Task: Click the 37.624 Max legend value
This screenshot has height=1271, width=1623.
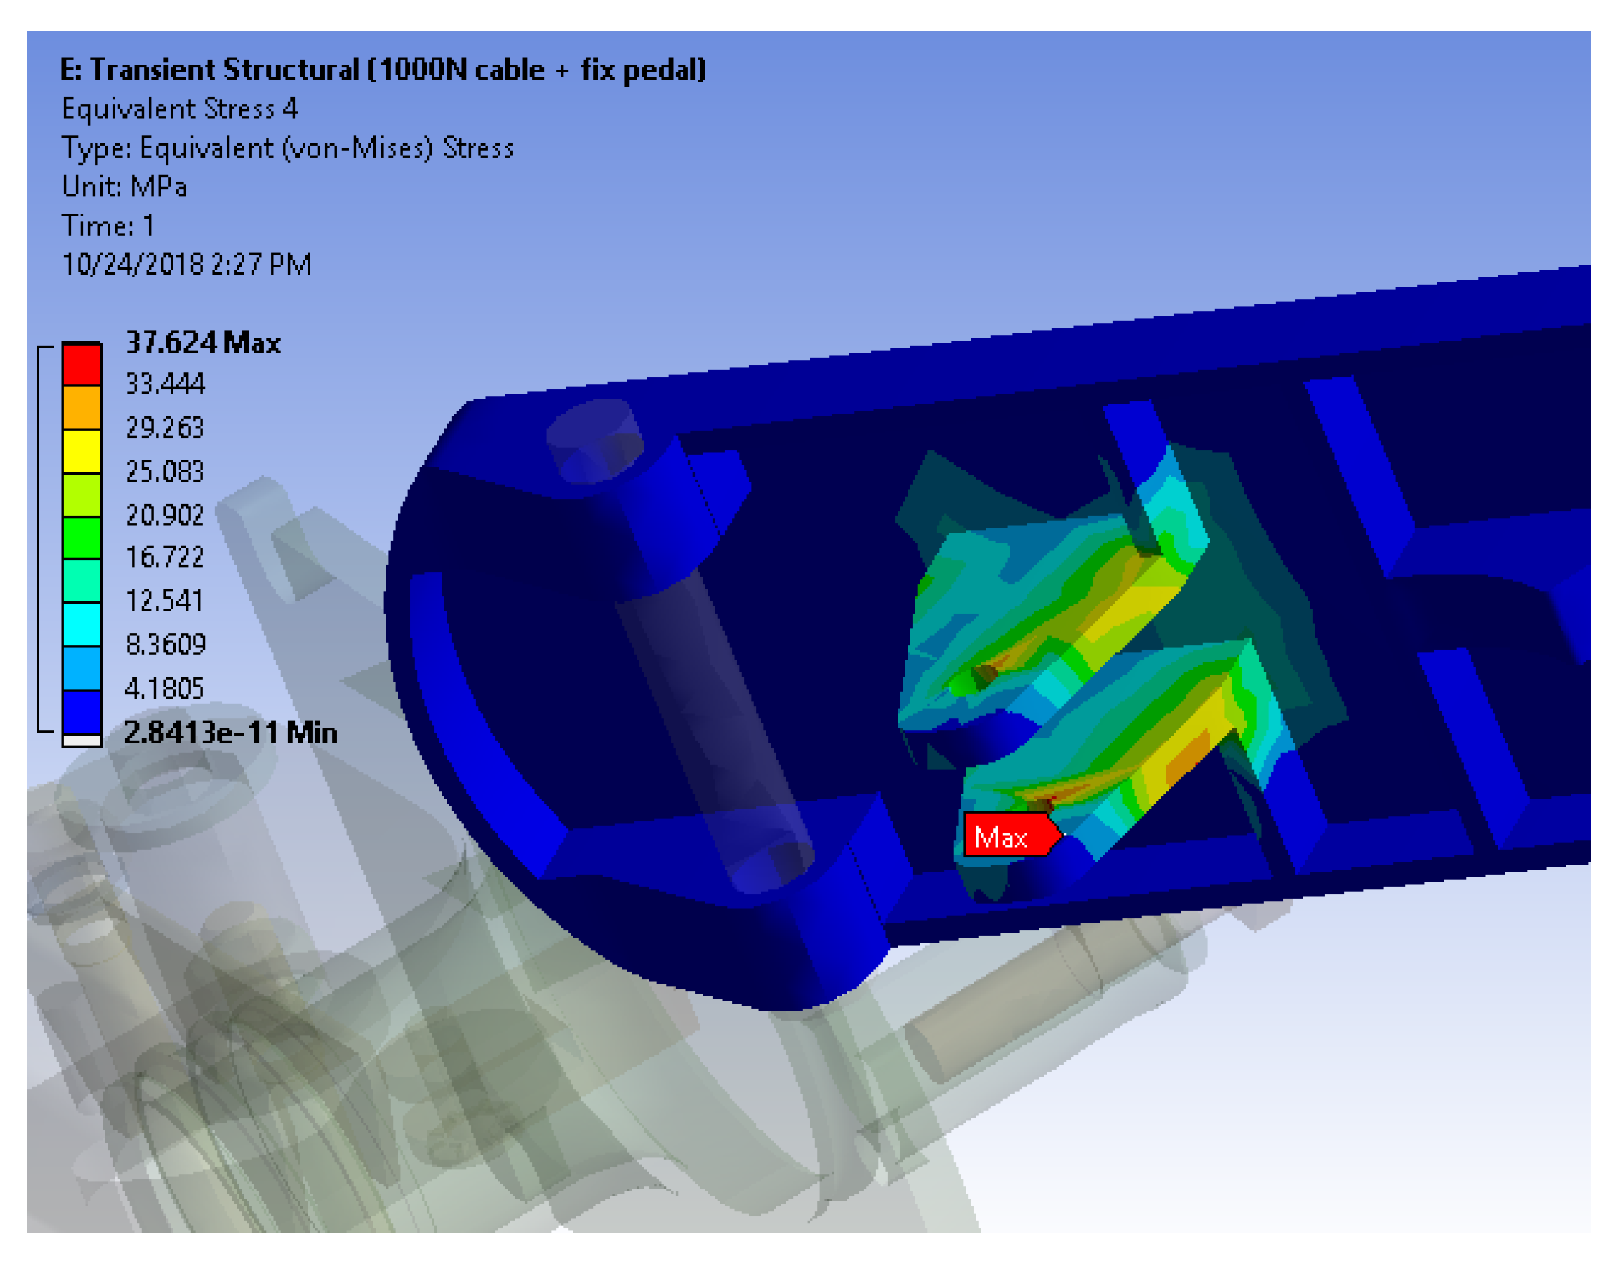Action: [203, 343]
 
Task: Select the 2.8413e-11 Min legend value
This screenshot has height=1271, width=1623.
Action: [231, 733]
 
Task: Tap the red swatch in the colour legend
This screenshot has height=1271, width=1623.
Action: [82, 365]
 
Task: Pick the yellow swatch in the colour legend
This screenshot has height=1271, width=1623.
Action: [82, 452]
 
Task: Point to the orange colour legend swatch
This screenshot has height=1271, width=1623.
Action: [82, 408]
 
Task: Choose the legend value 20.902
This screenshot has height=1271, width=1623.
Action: [164, 515]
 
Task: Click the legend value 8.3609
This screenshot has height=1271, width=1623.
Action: [165, 644]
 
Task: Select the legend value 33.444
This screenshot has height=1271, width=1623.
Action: [164, 384]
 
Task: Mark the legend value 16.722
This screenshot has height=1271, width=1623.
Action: [164, 558]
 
